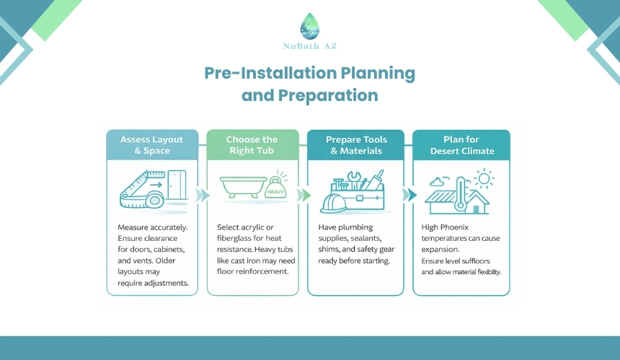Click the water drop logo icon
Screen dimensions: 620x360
tap(309, 26)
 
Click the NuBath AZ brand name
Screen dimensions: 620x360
tap(310, 46)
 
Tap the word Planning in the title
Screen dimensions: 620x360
tap(378, 73)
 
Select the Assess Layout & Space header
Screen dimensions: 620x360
tap(152, 145)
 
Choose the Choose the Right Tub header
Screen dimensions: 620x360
tap(252, 145)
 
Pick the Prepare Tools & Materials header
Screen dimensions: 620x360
tap(356, 145)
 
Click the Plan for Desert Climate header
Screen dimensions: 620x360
tap(461, 145)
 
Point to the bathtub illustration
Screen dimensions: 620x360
tap(243, 187)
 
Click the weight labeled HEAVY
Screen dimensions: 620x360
tap(275, 188)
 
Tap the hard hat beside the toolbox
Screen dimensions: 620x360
tap(333, 203)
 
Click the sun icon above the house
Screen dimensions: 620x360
tap(484, 178)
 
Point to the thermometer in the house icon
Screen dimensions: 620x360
tap(460, 194)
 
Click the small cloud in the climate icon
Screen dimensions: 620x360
tap(437, 182)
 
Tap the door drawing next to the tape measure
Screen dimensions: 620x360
tap(177, 185)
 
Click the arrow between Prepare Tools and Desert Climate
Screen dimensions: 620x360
tap(409, 195)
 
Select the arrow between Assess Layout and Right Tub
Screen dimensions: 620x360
tap(203, 195)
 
